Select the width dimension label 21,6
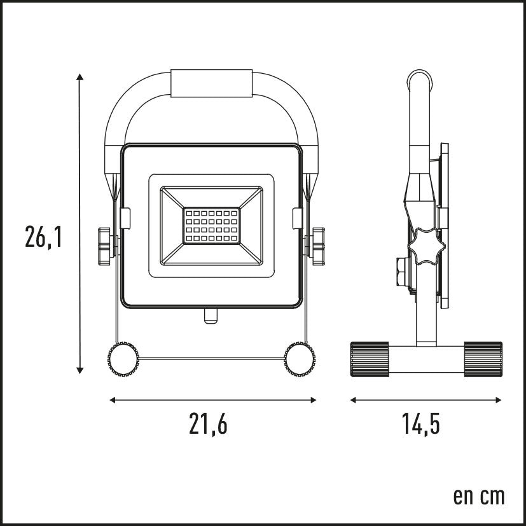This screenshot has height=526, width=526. (208, 424)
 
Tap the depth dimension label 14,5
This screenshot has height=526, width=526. (421, 424)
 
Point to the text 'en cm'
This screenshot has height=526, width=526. (478, 496)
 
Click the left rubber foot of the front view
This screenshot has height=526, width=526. (123, 359)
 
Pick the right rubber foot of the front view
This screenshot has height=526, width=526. (300, 359)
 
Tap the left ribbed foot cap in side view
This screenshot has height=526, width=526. (370, 359)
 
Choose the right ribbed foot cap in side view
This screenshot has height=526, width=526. (483, 359)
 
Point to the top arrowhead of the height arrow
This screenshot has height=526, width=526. (80, 77)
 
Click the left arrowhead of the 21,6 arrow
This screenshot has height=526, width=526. (113, 400)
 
